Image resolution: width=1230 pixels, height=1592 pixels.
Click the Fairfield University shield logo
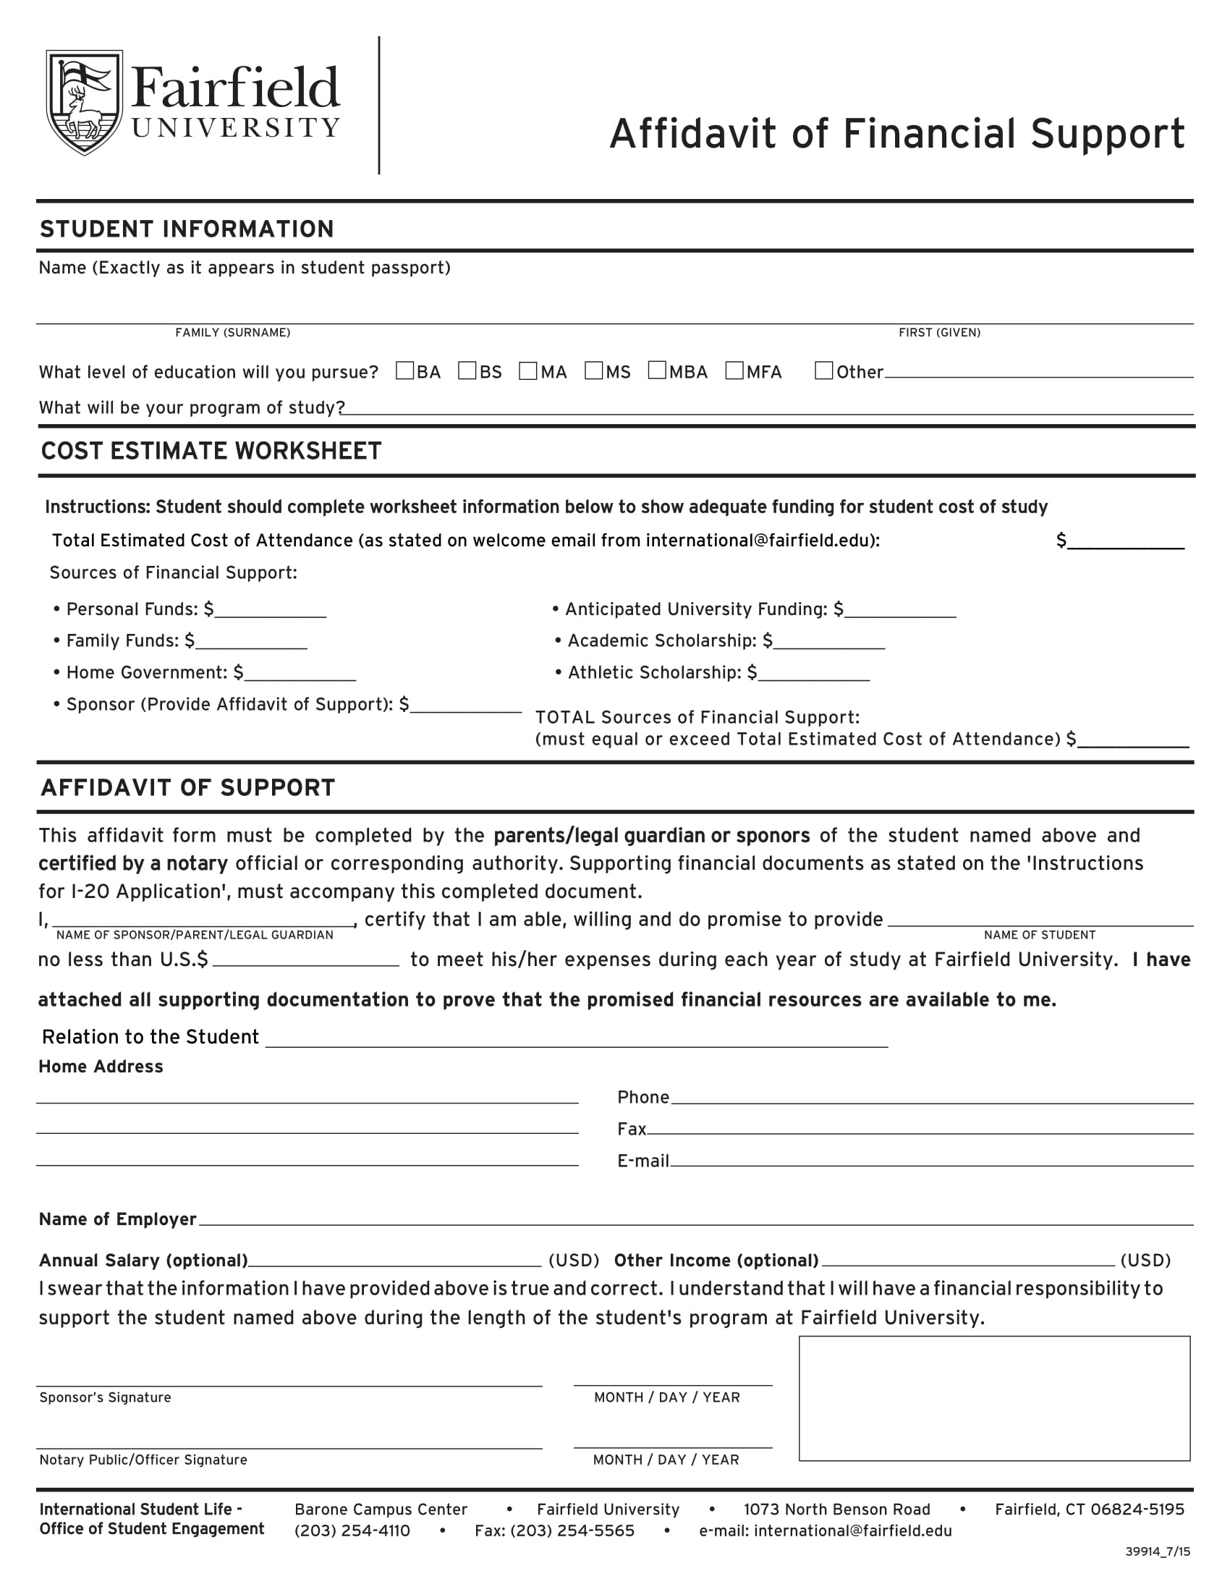tap(84, 102)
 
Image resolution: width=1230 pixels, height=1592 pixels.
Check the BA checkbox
tap(404, 371)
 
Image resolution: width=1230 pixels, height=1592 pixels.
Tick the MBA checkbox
tap(657, 371)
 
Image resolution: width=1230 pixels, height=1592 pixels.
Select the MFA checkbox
tap(734, 371)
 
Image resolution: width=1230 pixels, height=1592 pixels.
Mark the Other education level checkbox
tap(823, 371)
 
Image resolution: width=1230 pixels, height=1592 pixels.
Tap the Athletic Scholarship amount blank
tap(814, 674)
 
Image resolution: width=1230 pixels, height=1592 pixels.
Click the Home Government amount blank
tap(300, 674)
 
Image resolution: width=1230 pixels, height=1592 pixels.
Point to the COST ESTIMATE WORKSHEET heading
tap(211, 452)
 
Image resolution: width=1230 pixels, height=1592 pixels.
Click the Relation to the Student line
tap(576, 1040)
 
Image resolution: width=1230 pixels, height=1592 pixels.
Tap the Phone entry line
tap(931, 1098)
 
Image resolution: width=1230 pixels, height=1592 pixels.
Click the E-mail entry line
tap(931, 1162)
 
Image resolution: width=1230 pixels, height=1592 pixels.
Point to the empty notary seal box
tap(994, 1398)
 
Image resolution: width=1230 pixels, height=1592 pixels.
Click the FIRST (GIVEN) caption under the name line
tap(939, 332)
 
